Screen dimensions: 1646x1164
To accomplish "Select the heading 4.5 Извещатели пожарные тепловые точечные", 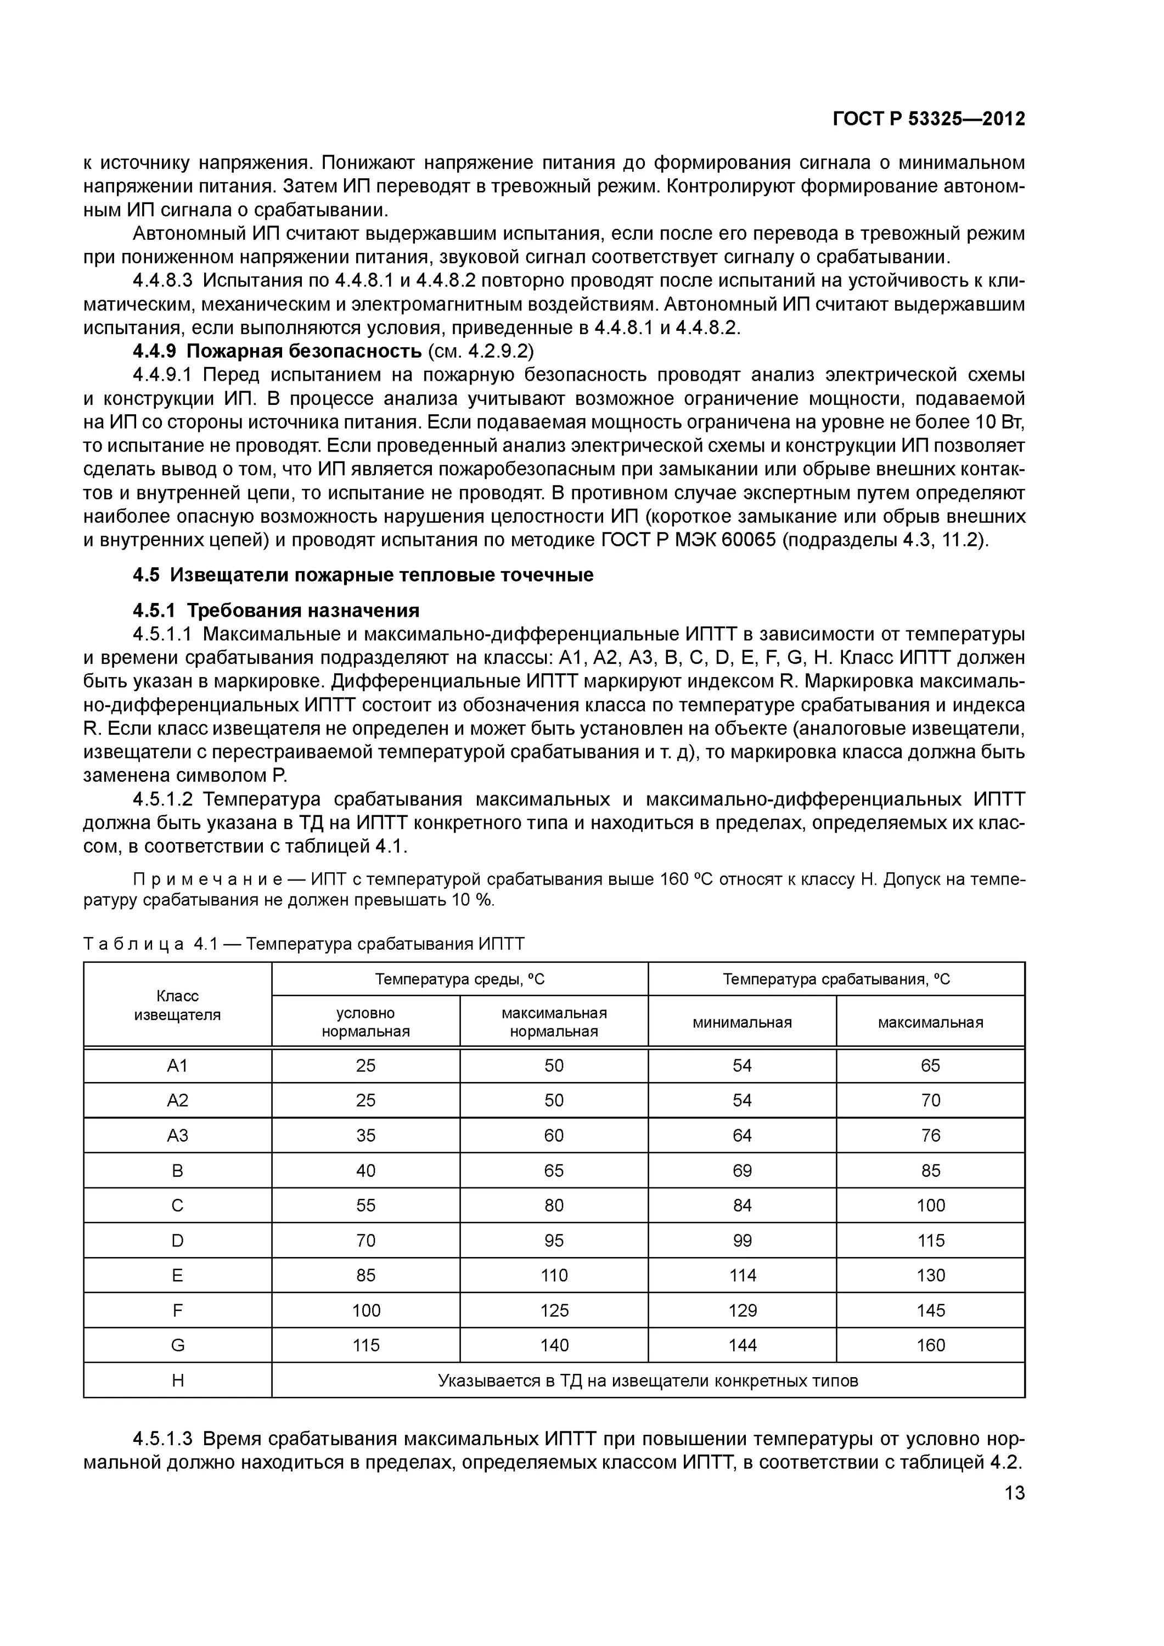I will click(x=363, y=575).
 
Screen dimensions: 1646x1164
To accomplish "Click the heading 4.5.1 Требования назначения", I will click(x=276, y=610).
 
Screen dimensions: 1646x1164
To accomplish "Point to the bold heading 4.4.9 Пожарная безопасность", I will click(x=278, y=351).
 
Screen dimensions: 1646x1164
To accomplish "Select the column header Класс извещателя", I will click(x=177, y=1005).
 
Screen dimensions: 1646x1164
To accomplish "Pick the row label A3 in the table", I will click(x=177, y=1136).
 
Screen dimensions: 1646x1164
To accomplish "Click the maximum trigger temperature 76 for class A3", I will click(x=930, y=1136).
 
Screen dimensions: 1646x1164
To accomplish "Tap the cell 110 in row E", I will click(x=554, y=1275).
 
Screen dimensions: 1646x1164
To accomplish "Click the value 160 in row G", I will click(x=930, y=1345).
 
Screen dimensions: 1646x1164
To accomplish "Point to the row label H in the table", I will click(x=177, y=1380).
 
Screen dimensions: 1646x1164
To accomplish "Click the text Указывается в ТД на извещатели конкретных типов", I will click(x=648, y=1380).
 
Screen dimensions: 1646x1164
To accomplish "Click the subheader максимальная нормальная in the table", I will click(x=554, y=1022).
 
